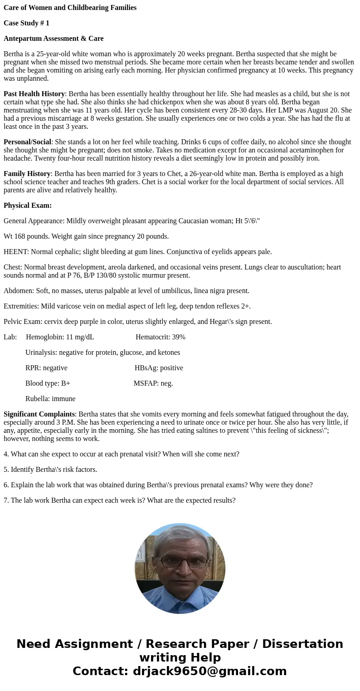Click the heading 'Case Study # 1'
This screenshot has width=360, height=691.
pos(26,23)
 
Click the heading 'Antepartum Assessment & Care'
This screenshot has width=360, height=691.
pos(54,39)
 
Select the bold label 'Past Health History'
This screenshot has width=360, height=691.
pos(34,94)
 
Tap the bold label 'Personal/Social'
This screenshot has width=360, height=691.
pos(27,142)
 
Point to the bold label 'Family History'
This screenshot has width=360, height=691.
pos(27,174)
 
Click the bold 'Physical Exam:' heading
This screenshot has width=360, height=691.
pos(28,206)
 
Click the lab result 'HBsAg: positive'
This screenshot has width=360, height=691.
pos(159,368)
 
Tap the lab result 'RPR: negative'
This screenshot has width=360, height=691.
pos(46,368)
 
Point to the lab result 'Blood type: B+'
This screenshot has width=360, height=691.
pos(48,383)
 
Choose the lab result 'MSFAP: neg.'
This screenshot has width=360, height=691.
pos(153,383)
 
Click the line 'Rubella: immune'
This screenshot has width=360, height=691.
pos(50,399)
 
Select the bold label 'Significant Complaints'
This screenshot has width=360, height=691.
pos(39,414)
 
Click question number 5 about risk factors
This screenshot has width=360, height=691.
pos(50,470)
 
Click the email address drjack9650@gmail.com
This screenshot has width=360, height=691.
pos(209,671)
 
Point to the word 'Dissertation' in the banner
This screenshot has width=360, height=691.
pos(302,644)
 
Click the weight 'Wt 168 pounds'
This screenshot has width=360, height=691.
pos(25,236)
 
